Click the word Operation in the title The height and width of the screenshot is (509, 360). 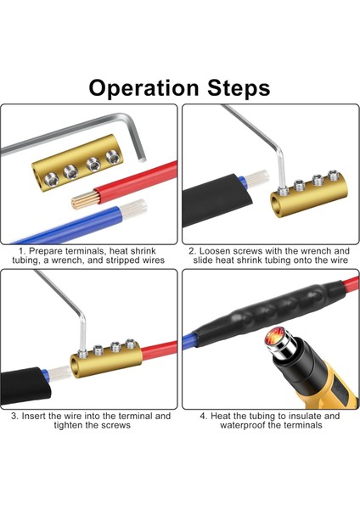143,88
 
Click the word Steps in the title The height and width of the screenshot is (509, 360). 239,87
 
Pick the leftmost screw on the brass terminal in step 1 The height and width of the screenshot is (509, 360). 52,178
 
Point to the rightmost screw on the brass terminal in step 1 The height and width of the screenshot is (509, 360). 112,157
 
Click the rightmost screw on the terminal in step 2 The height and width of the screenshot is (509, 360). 333,175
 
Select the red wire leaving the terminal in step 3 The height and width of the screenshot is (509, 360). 160,350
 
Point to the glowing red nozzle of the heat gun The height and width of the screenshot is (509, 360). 273,339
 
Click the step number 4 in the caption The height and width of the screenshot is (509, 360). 203,416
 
